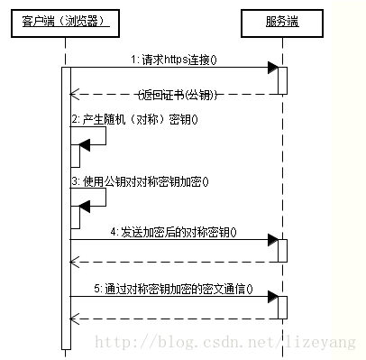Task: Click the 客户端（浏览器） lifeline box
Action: point(66,20)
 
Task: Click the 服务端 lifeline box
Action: point(281,20)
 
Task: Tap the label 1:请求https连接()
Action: point(180,59)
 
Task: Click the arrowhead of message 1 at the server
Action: point(271,68)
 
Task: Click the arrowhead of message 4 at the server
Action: point(271,240)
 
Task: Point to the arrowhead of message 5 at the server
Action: point(271,298)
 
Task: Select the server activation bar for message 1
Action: point(282,79)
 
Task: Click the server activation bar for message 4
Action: point(282,250)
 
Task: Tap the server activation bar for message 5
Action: point(282,307)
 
